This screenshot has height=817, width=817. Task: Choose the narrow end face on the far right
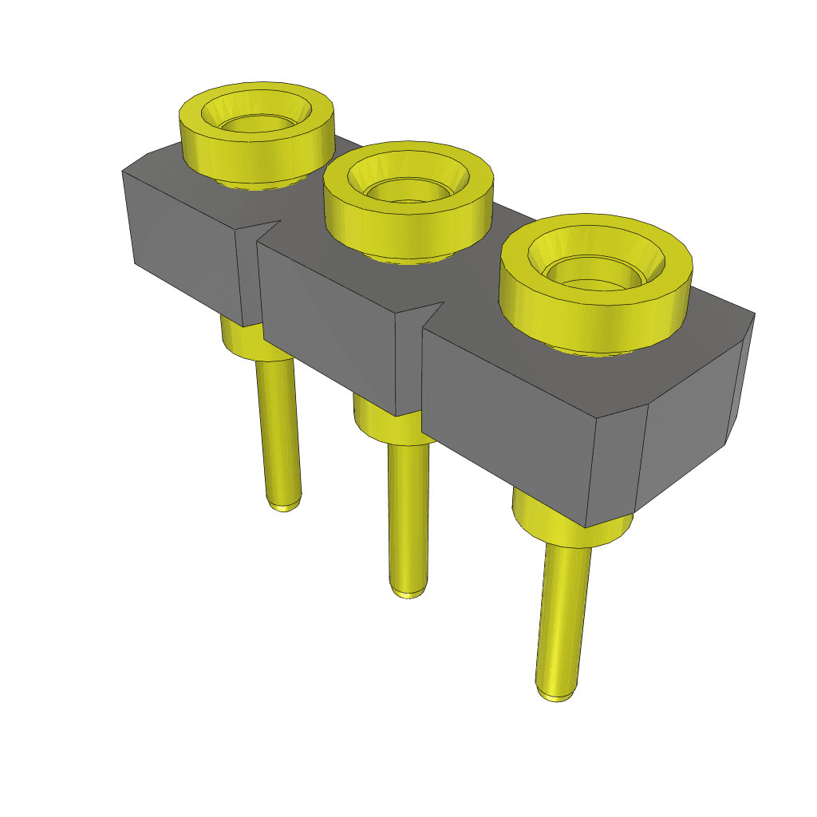740,383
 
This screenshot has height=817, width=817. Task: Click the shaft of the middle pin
408,519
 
